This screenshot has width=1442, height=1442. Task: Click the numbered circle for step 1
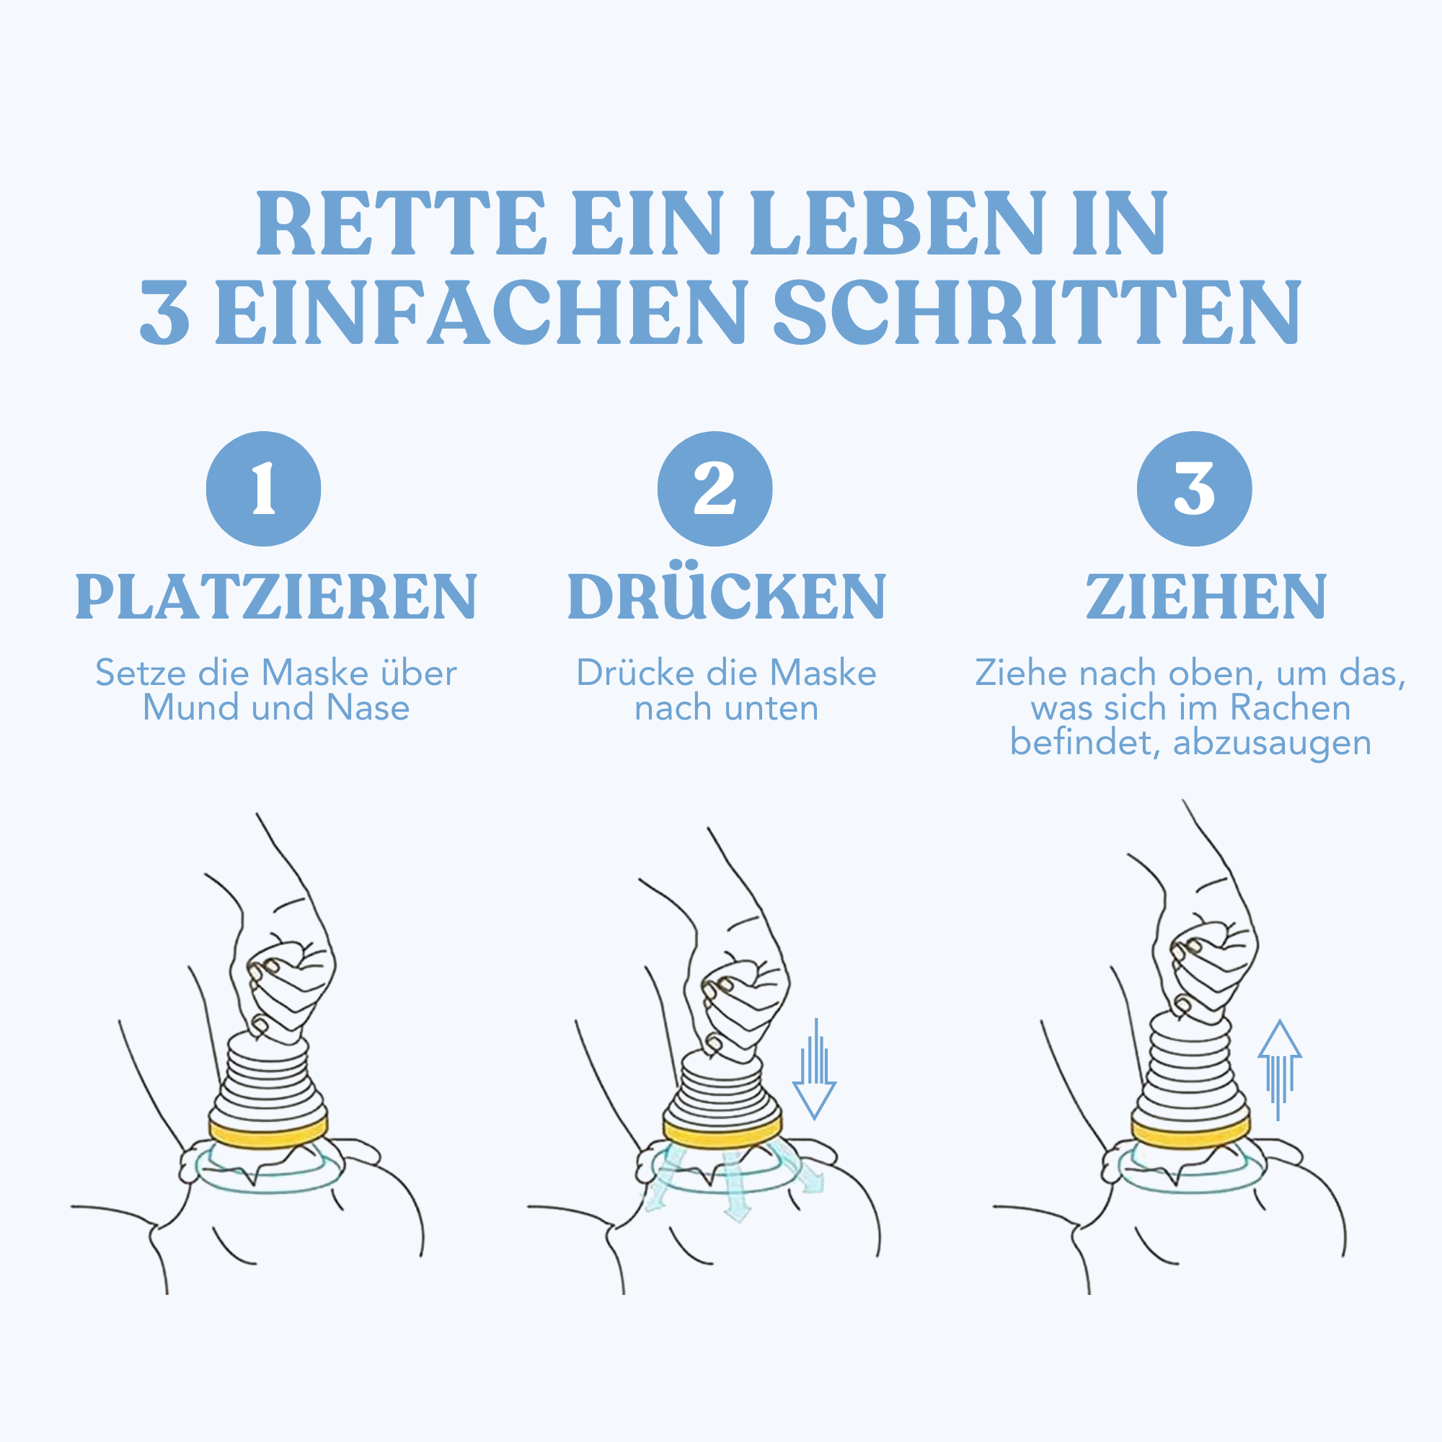click(x=263, y=489)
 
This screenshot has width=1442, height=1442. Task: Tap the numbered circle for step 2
click(x=715, y=489)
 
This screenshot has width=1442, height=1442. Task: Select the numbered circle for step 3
click(x=1194, y=489)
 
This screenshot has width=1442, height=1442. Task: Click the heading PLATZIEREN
click(x=276, y=597)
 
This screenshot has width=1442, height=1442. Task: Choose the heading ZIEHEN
click(x=1206, y=597)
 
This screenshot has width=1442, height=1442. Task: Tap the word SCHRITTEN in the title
click(x=1038, y=312)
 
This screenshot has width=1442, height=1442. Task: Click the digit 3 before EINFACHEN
click(x=164, y=312)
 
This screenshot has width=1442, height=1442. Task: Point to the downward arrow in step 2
click(x=814, y=1069)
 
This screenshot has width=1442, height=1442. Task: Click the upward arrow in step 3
click(x=1280, y=1069)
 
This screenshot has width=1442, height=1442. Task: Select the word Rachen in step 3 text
click(x=1291, y=707)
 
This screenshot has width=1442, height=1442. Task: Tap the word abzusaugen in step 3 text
click(x=1273, y=743)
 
